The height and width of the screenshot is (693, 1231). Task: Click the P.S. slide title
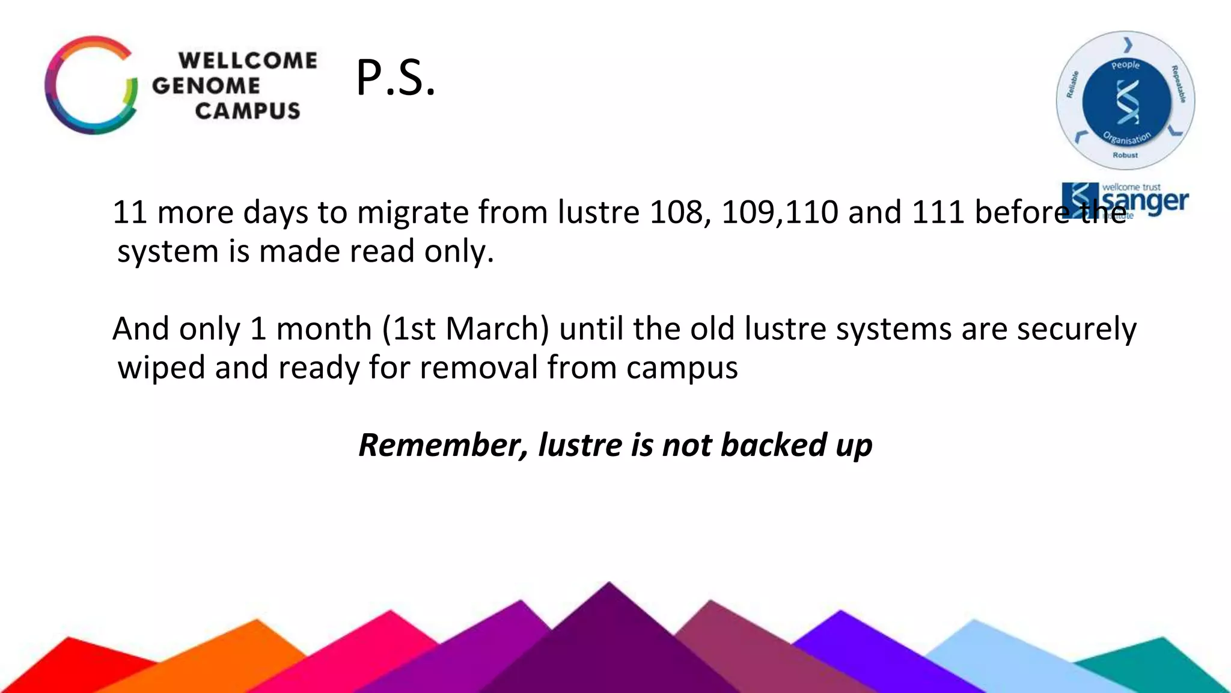click(396, 78)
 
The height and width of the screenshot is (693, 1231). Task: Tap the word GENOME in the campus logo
click(206, 85)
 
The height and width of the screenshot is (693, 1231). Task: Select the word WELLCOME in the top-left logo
click(248, 60)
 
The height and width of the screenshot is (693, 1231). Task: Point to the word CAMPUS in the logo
click(247, 111)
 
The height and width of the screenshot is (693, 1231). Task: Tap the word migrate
click(412, 212)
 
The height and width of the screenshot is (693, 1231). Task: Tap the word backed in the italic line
click(773, 445)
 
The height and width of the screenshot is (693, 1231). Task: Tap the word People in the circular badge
click(1125, 64)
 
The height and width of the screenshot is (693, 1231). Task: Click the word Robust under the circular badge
click(1125, 155)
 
